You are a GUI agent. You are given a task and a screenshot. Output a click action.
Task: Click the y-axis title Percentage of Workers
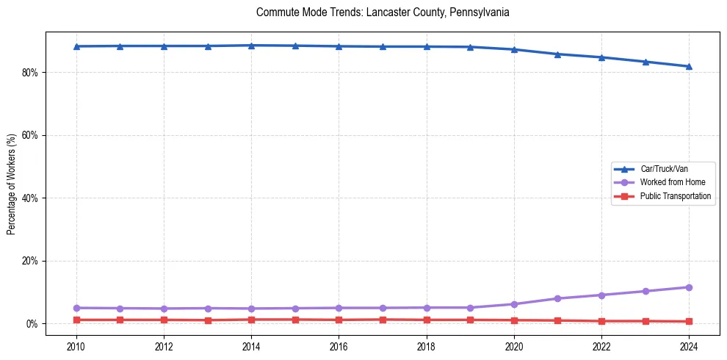[x=11, y=184]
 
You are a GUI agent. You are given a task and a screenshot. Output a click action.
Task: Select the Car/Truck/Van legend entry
[x=664, y=169]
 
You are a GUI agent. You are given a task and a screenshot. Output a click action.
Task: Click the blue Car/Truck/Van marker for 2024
[x=689, y=66]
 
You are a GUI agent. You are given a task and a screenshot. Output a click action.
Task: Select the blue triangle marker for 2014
[x=251, y=46]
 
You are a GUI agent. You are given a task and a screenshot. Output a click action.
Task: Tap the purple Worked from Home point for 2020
[x=514, y=304]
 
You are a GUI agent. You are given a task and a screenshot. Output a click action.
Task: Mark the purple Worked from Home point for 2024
[x=689, y=287]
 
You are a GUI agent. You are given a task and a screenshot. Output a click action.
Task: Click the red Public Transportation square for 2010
[x=76, y=320]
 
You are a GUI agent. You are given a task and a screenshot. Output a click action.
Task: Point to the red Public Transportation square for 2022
[x=601, y=321]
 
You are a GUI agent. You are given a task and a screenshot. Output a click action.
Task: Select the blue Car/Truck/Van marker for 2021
[x=557, y=54]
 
